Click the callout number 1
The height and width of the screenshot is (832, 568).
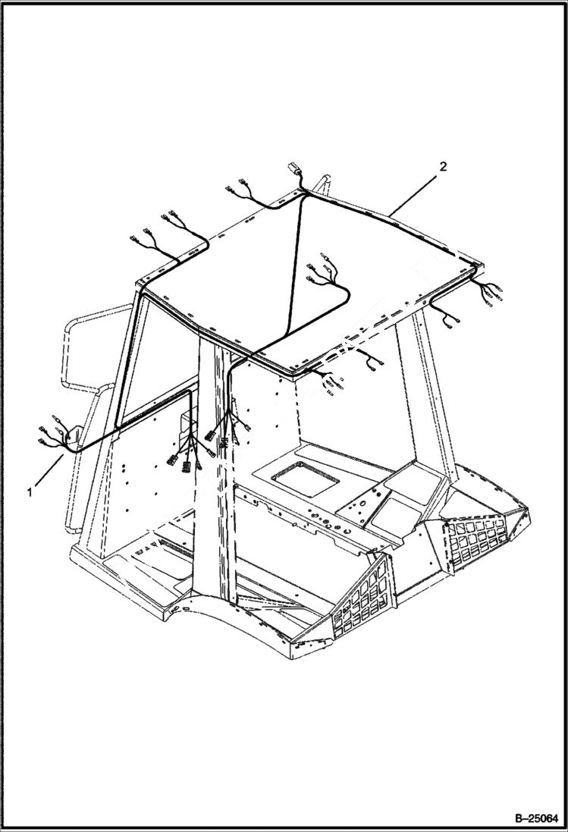pos(30,492)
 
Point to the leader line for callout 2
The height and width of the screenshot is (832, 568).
pos(414,193)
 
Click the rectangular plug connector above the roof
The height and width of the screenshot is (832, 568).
pos(293,169)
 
